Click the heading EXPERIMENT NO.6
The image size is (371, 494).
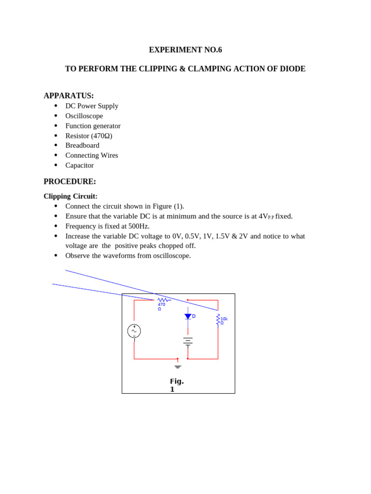(x=185, y=50)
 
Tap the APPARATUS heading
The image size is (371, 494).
(x=69, y=96)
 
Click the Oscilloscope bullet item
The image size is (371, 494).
(x=84, y=116)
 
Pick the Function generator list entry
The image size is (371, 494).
(x=93, y=126)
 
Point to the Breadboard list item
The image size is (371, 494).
(x=82, y=145)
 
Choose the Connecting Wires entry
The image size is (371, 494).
(x=91, y=155)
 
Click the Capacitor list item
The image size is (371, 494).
(x=79, y=165)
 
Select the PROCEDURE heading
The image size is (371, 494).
(x=70, y=181)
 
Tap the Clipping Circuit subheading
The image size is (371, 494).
(x=71, y=196)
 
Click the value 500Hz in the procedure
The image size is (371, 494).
(x=139, y=226)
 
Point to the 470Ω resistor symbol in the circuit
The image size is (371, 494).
(x=163, y=300)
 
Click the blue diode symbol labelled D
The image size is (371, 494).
(x=188, y=316)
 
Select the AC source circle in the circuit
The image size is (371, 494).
(x=134, y=331)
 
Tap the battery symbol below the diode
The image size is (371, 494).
(x=188, y=341)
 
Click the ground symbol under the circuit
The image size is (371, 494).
(x=178, y=367)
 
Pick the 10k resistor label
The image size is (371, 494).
(x=224, y=319)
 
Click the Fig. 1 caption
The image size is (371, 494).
(x=176, y=385)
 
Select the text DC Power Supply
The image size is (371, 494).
(x=92, y=106)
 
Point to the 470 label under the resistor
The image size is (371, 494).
(x=161, y=305)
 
